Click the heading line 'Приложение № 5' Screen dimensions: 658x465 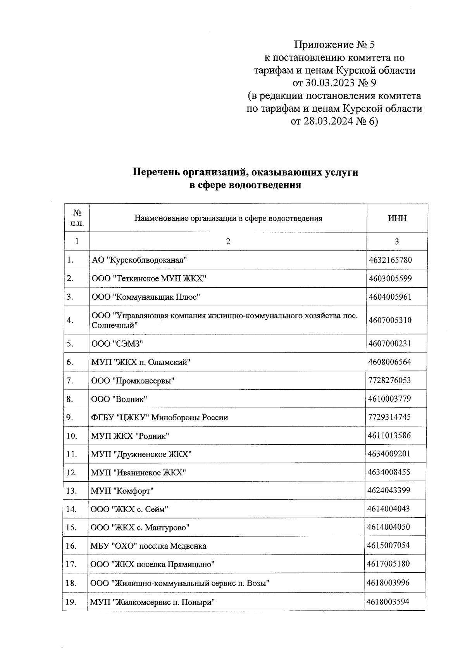coord(334,45)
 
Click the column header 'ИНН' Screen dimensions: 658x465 coord(397,218)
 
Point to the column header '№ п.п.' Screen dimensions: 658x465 coord(77,218)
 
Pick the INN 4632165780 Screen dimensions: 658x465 coord(390,260)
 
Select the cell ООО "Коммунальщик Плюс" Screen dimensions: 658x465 coord(146,297)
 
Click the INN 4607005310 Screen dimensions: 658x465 coord(390,320)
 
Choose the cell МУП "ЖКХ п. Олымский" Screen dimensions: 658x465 coord(141,362)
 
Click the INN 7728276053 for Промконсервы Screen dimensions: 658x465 coord(389,380)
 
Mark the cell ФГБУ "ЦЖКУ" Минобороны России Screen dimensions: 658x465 coord(160,418)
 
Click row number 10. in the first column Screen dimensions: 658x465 coord(72,436)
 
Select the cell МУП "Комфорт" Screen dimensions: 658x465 coord(122,491)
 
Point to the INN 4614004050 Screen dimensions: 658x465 coord(389,527)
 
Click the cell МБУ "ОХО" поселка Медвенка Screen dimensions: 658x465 coord(148,546)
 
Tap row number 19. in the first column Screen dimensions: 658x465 coord(71,602)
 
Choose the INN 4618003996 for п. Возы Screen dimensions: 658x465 coord(388,583)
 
